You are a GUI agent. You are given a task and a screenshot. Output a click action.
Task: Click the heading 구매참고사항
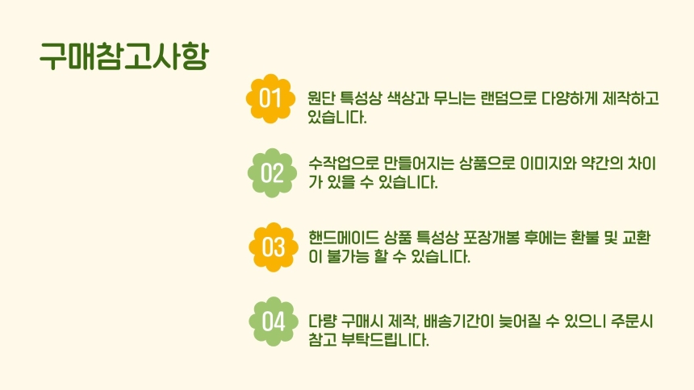(x=123, y=56)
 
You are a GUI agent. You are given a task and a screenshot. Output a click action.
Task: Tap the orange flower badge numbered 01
(x=270, y=98)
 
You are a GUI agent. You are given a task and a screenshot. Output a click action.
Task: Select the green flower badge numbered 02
(x=272, y=173)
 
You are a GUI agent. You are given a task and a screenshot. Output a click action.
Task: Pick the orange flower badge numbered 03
(x=274, y=247)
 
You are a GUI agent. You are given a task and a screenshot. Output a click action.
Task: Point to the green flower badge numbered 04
(x=274, y=322)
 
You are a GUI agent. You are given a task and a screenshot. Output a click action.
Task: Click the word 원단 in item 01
(x=321, y=97)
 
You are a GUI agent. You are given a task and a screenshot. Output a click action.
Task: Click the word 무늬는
(x=454, y=97)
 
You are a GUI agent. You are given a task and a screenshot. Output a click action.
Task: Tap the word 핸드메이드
(x=344, y=238)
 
